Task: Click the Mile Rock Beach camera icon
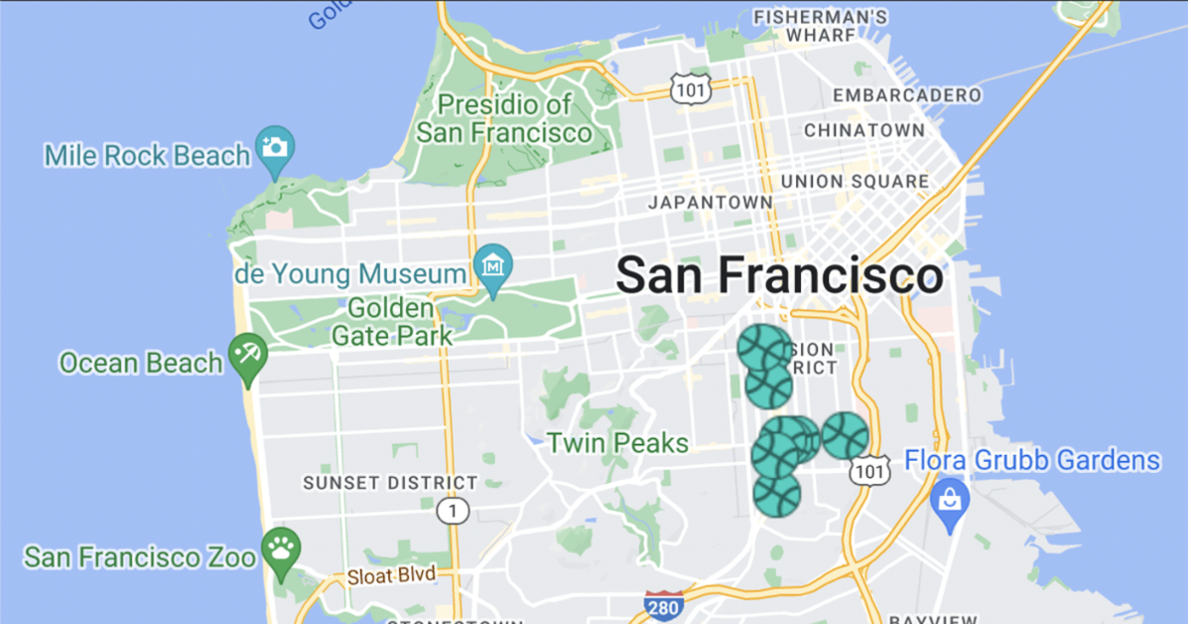pos(275,147)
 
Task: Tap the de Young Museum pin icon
pos(493,265)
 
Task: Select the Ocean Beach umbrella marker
pos(247,356)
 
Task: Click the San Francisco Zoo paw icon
pos(282,547)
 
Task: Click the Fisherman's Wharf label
pos(820,26)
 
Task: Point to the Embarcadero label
pos(907,95)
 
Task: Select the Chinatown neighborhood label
pos(863,130)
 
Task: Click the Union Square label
pos(855,182)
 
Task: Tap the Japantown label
pos(710,203)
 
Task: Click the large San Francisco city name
pos(779,275)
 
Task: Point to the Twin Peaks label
pos(618,442)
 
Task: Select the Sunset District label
pos(390,483)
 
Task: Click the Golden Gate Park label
pos(392,322)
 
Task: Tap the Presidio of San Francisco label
pos(504,118)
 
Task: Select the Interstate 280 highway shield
pos(662,605)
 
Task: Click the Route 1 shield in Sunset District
pos(453,511)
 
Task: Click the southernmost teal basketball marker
pos(776,494)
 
